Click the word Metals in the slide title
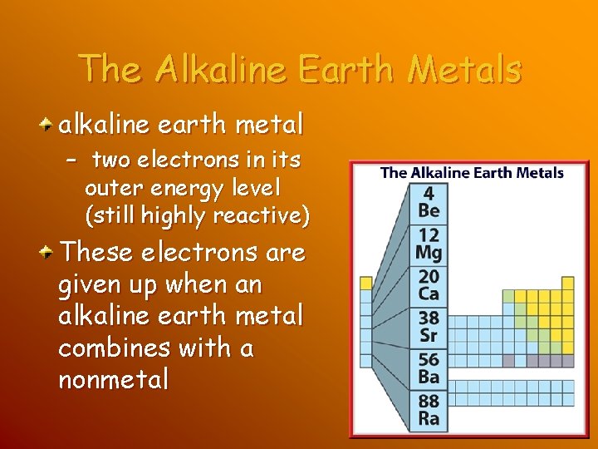[x=465, y=69]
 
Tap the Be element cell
[x=429, y=202]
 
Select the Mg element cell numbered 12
[x=429, y=244]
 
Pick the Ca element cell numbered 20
[x=429, y=285]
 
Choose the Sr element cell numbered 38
[x=429, y=327]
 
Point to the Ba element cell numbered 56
[x=429, y=368]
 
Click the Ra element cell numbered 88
[x=429, y=410]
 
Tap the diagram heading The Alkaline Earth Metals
[x=472, y=173]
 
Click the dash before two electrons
[x=71, y=159]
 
